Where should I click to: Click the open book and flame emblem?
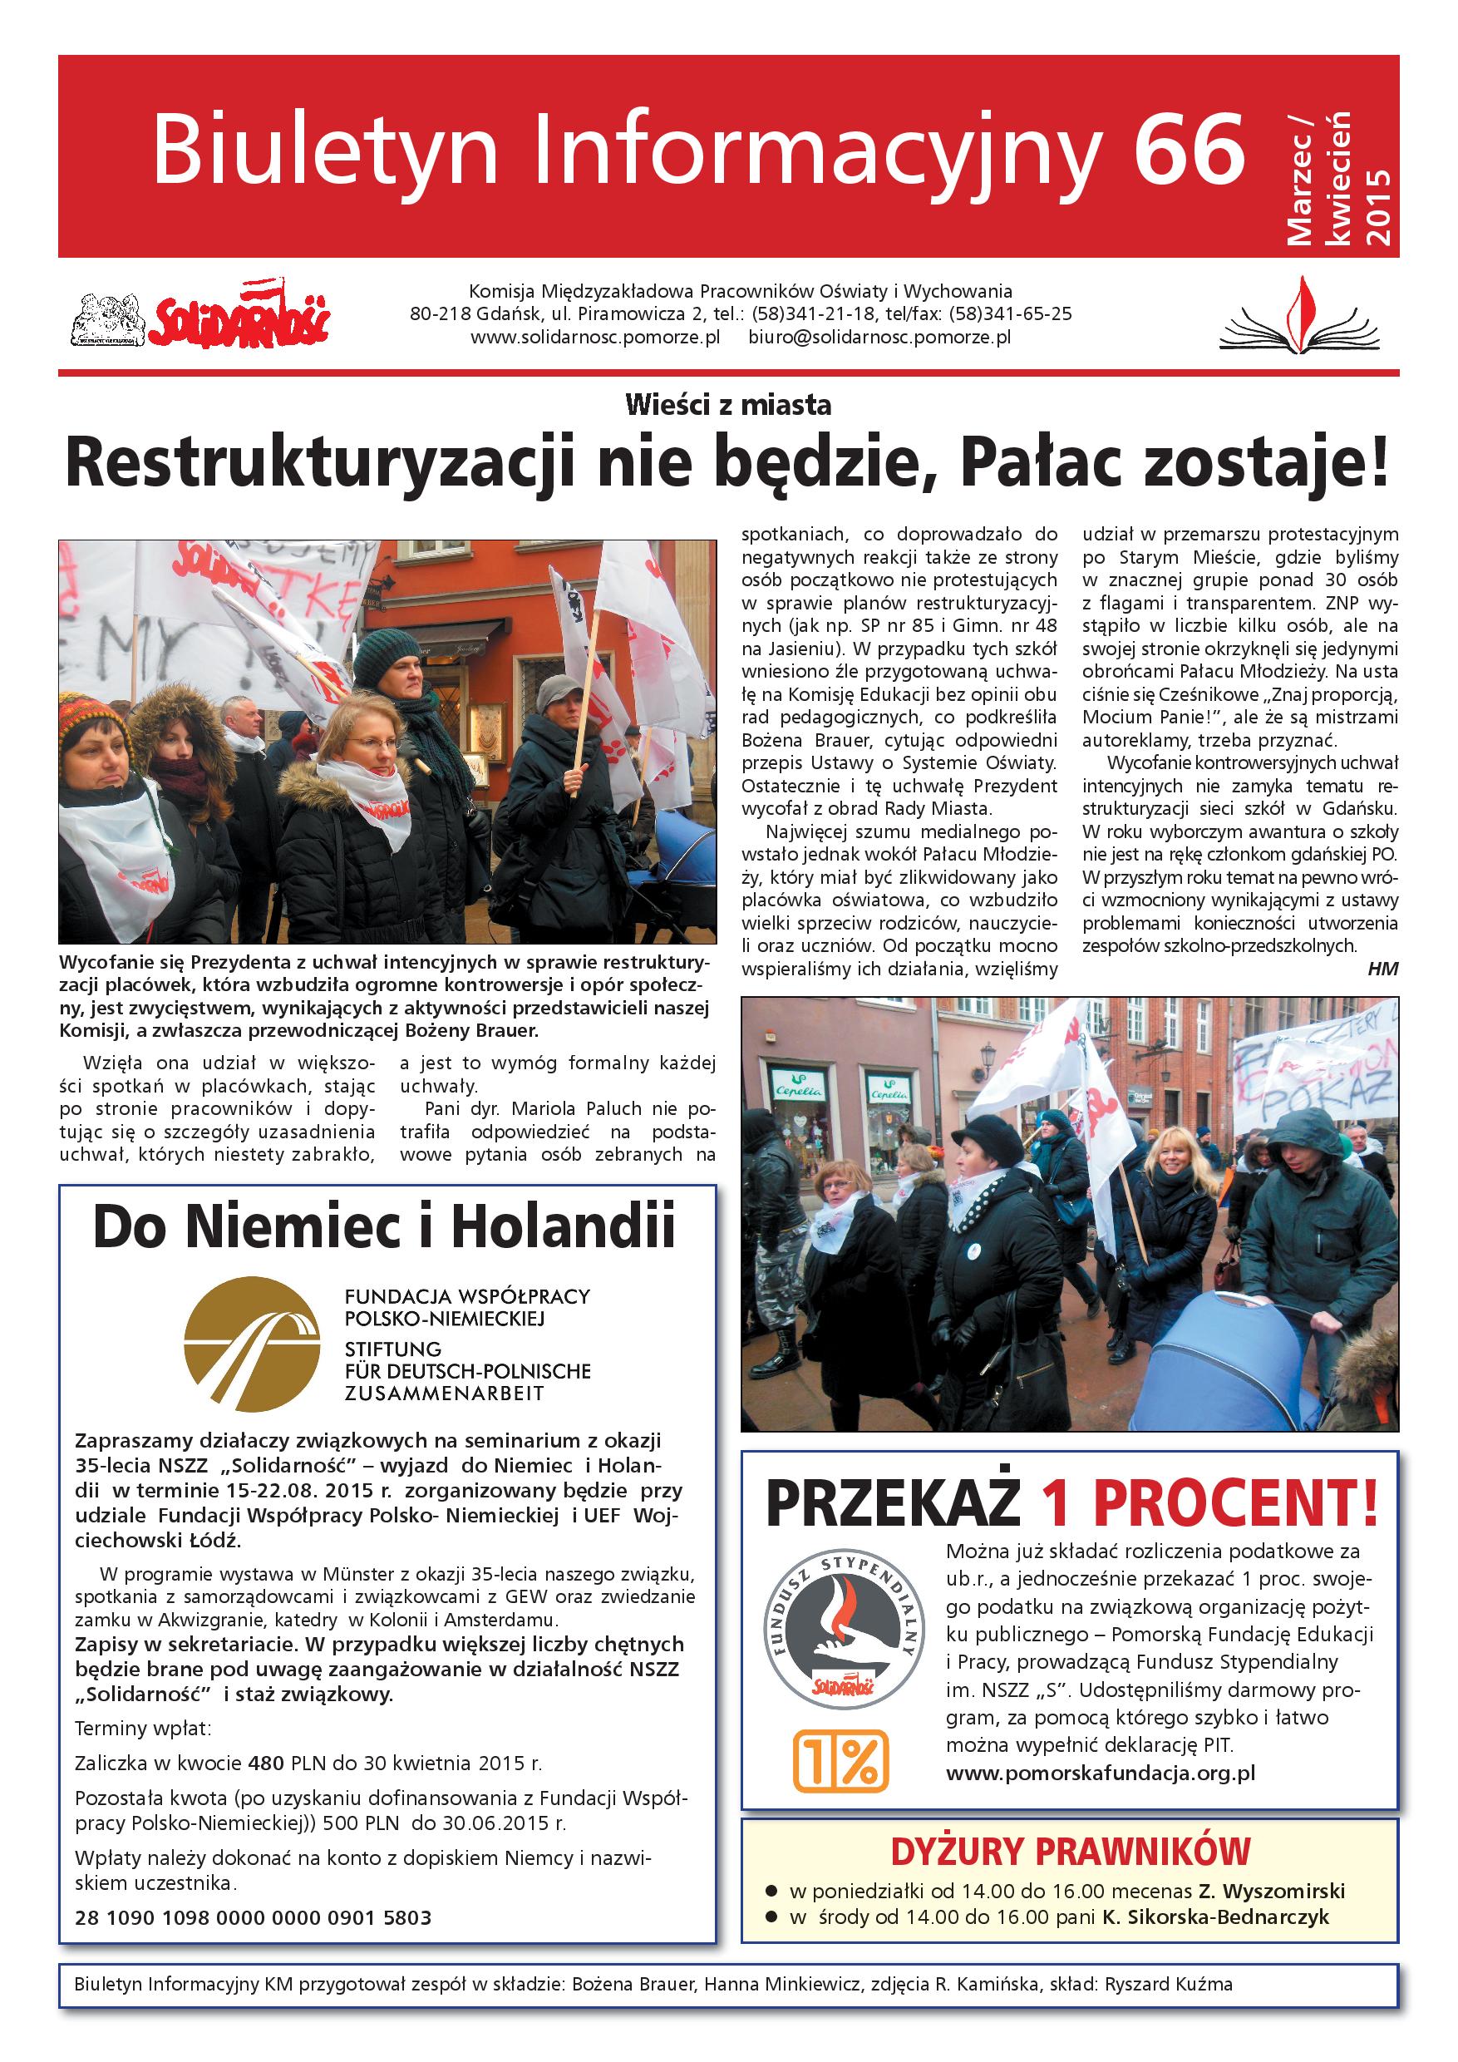pos(1299,318)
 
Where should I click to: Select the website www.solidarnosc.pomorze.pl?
pos(595,338)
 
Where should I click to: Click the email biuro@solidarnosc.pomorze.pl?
pos(879,338)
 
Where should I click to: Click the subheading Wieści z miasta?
pos(728,405)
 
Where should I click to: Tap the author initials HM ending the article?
pos(1382,968)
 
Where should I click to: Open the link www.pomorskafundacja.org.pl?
pos(1100,1773)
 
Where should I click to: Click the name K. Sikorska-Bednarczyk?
pos(1215,1916)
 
